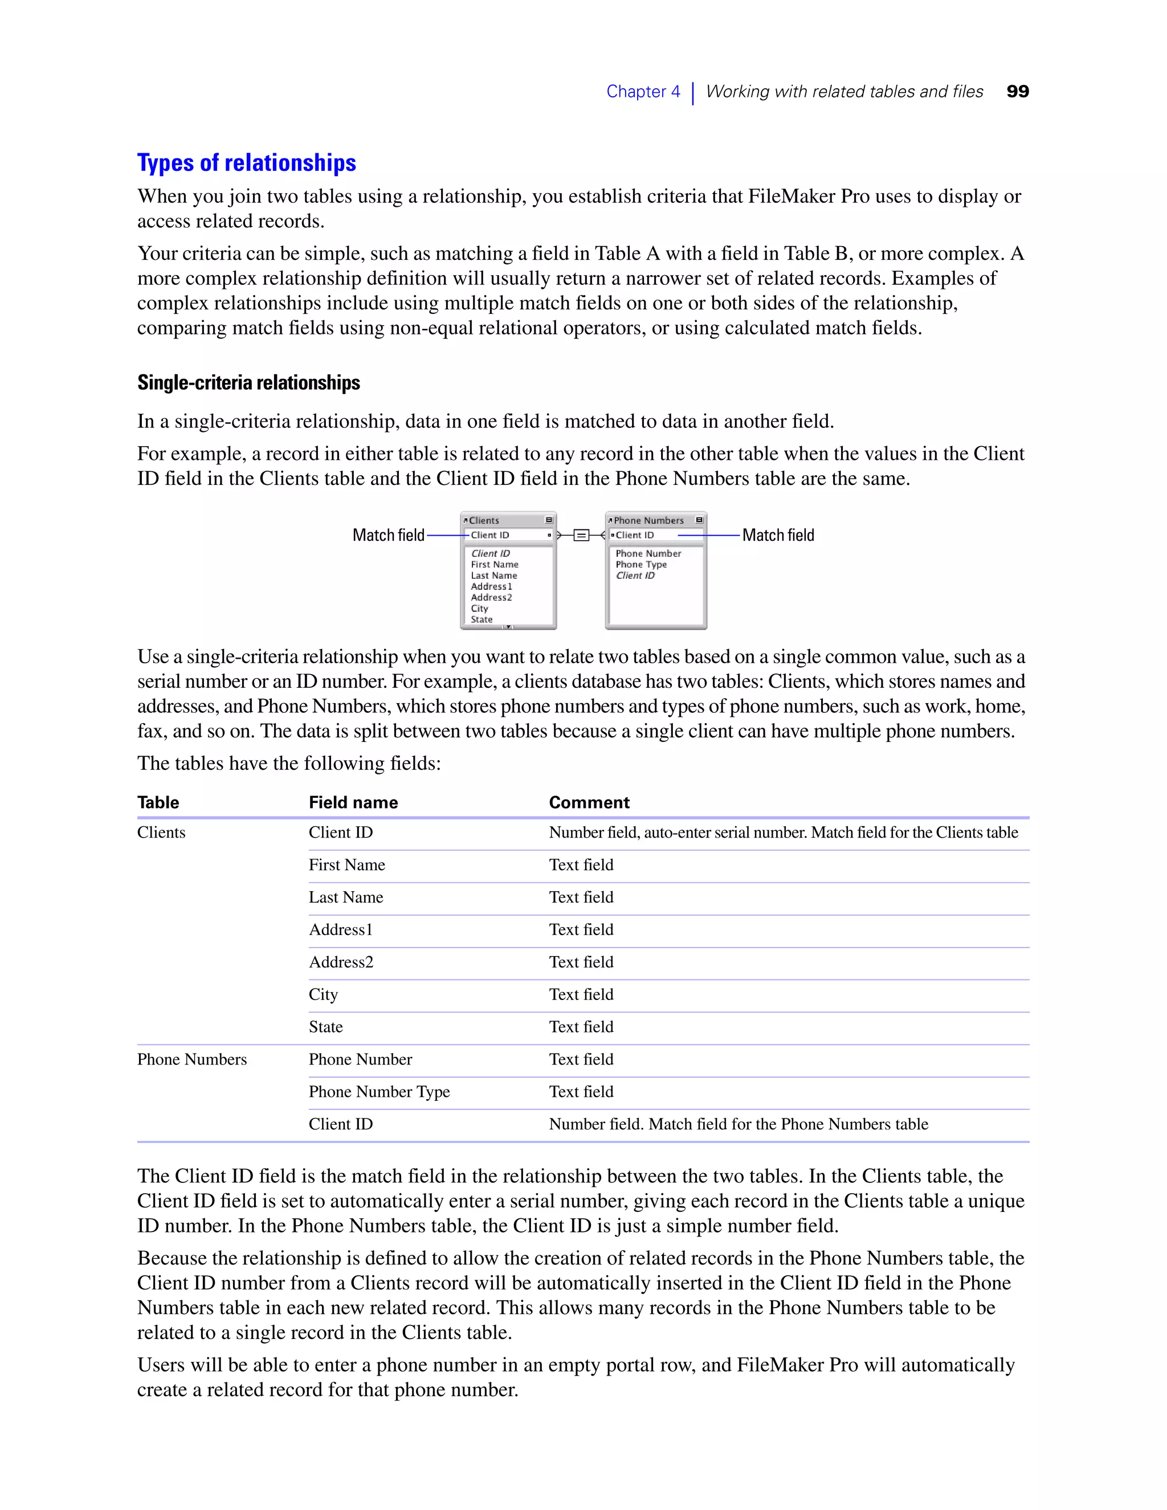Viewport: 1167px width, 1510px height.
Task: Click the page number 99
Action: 1017,91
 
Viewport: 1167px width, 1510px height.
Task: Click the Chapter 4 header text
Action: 643,91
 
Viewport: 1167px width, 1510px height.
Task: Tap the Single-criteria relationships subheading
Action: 248,382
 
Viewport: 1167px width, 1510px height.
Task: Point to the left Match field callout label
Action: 388,535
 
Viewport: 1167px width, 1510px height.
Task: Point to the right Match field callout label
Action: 778,535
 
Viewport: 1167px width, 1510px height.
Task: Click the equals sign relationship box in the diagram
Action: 581,535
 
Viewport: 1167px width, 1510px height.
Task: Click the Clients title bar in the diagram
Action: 508,520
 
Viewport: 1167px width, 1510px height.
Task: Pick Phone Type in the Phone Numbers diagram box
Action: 641,564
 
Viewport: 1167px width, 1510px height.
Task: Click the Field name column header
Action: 353,802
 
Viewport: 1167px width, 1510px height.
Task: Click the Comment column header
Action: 589,802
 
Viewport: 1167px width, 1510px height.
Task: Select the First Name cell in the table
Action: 346,865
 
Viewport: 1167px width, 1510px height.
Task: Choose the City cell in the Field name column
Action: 323,994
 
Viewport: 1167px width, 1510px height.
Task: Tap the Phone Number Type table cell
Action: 379,1092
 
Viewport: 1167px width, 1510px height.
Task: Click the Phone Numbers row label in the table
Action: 191,1059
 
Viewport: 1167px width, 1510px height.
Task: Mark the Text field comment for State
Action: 581,1027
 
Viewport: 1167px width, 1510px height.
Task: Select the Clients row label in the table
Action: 161,832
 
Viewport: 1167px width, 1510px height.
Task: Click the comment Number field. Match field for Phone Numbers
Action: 738,1124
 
